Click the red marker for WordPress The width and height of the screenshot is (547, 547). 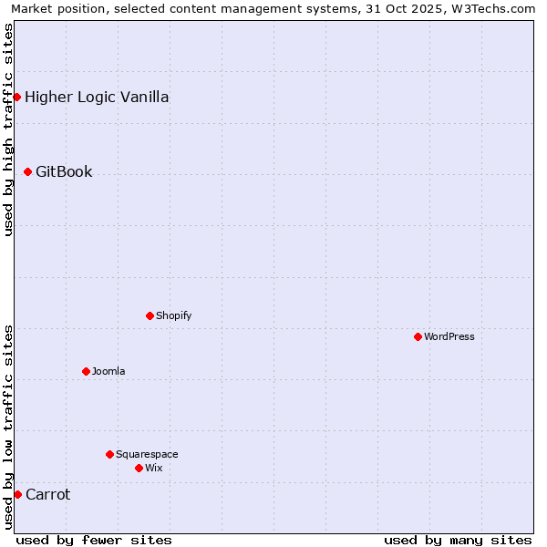pyautogui.click(x=418, y=336)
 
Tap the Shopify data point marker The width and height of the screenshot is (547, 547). pyautogui.click(x=150, y=315)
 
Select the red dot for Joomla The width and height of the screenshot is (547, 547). pyautogui.click(x=86, y=371)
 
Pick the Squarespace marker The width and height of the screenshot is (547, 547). pyautogui.click(x=109, y=454)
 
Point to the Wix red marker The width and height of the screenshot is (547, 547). pyautogui.click(x=139, y=468)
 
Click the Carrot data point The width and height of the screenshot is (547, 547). pyautogui.click(x=17, y=494)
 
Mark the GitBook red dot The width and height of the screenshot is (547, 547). pyautogui.click(x=27, y=171)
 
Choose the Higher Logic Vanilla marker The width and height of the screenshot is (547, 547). pyautogui.click(x=16, y=97)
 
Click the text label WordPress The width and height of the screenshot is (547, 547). pyautogui.click(x=449, y=336)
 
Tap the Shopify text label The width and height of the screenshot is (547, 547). pyautogui.click(x=173, y=315)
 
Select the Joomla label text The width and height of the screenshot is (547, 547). pyautogui.click(x=108, y=371)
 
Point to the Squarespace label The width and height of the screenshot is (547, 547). pyautogui.click(x=147, y=454)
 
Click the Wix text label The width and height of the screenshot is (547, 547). pyautogui.click(x=154, y=468)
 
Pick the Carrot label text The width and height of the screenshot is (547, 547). pyautogui.click(x=47, y=494)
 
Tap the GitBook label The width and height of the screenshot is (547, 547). pyautogui.click(x=64, y=171)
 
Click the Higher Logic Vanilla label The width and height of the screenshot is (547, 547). pyautogui.click(x=97, y=97)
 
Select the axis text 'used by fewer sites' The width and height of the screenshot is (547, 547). pyautogui.click(x=94, y=540)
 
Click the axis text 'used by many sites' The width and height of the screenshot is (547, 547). pyautogui.click(x=458, y=540)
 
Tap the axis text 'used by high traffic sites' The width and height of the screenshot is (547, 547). pyautogui.click(x=8, y=129)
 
